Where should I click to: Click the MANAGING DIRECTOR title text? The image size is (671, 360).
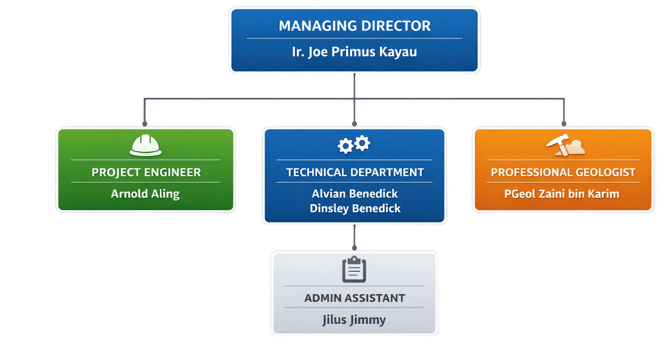[x=355, y=26]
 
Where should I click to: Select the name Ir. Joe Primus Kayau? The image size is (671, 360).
[x=355, y=51]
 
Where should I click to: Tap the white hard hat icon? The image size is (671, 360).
[x=145, y=145]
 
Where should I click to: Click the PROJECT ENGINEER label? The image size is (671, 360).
[x=145, y=172]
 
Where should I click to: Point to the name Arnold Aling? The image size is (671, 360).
[x=145, y=194]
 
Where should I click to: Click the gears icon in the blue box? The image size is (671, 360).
[x=354, y=145]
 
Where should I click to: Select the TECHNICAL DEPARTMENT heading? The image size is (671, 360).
[x=355, y=172]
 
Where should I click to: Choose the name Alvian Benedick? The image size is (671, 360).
[x=355, y=193]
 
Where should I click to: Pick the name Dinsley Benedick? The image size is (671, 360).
[x=355, y=209]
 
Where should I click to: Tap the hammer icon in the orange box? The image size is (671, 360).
[x=556, y=146]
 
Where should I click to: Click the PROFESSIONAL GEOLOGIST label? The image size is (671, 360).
[x=563, y=172]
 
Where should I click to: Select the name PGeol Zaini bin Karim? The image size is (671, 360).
[x=562, y=194]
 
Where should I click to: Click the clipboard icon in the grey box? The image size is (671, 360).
[x=355, y=270]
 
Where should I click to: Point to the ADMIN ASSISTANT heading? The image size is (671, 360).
[x=355, y=298]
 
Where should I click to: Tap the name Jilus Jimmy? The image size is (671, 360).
[x=355, y=320]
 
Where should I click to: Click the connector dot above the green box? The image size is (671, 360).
[x=145, y=123]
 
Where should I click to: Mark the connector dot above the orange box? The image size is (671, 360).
[x=563, y=123]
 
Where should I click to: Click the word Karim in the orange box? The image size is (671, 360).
[x=604, y=194]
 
